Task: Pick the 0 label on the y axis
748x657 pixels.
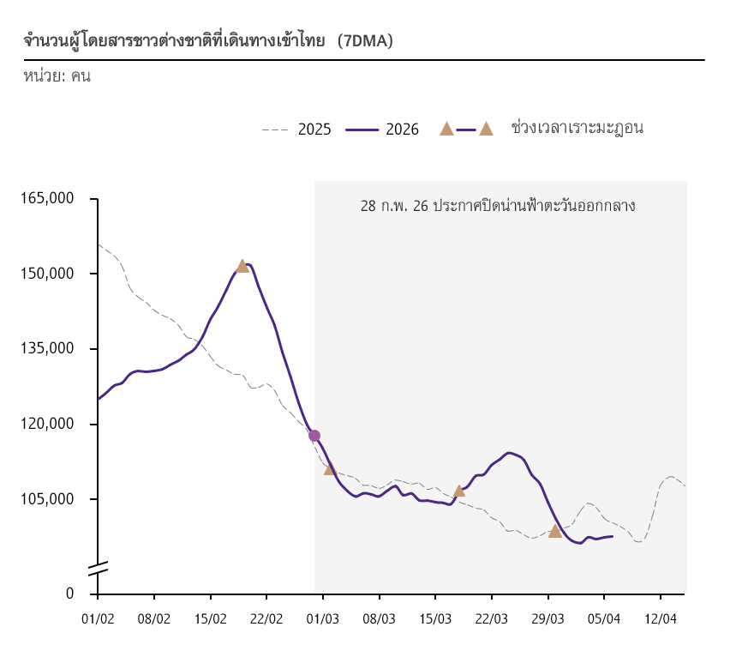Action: [69, 594]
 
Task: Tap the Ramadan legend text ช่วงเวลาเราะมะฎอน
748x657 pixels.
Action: [577, 129]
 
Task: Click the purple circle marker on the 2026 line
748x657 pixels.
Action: [314, 436]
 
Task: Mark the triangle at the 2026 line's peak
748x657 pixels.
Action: [242, 267]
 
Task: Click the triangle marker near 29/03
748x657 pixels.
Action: [555, 532]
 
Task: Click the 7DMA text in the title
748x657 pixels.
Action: [365, 41]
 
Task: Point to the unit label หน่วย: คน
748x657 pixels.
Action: [57, 75]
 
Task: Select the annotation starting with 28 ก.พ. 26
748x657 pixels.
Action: [498, 206]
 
